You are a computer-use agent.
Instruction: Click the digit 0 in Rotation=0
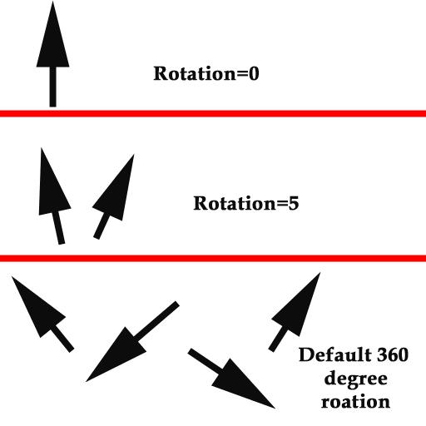[x=254, y=74]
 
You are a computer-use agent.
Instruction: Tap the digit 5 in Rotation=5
[x=294, y=203]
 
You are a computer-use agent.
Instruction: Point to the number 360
[x=392, y=354]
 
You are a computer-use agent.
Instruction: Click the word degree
[x=355, y=379]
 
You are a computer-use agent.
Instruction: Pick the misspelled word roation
[x=355, y=402]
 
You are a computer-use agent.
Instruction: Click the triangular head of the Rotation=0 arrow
[x=52, y=42]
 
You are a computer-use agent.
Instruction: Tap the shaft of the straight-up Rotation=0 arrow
[x=52, y=87]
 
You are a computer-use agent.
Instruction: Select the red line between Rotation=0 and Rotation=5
[x=213, y=113]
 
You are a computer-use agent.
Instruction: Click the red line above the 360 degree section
[x=213, y=258]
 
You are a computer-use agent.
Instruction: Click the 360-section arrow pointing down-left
[x=132, y=341]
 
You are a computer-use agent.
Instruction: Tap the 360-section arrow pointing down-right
[x=231, y=379]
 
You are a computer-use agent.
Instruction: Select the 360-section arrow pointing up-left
[x=43, y=315]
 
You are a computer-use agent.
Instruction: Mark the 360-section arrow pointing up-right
[x=295, y=313]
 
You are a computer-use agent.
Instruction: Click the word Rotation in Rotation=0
[x=195, y=74]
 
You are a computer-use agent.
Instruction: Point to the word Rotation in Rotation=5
[x=235, y=203]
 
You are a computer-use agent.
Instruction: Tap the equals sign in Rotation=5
[x=282, y=204]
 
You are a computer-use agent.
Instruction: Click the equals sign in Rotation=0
[x=242, y=75]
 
